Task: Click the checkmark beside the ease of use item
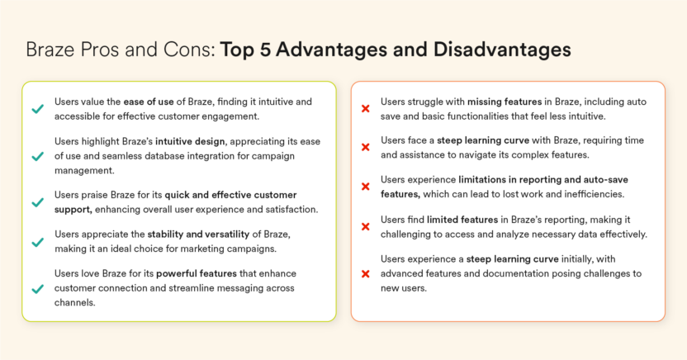tap(37, 109)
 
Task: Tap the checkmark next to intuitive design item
tap(37, 156)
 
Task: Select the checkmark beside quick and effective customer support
tap(37, 202)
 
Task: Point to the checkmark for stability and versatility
tap(37, 242)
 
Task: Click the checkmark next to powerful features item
tap(37, 288)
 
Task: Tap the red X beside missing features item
tap(365, 108)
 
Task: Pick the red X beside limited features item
tap(365, 226)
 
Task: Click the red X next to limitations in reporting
tap(365, 187)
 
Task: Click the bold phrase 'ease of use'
tap(151, 102)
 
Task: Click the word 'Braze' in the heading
tap(50, 50)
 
